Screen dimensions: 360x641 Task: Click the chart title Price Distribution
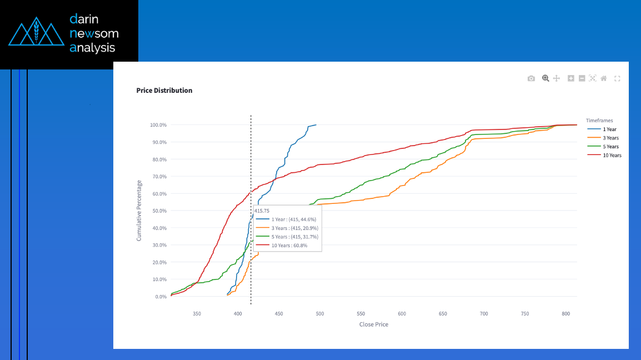164,91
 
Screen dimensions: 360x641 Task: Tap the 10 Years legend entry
612,156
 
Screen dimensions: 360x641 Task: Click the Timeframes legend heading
599,120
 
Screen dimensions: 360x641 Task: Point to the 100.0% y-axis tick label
158,125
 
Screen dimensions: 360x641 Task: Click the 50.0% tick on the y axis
159,211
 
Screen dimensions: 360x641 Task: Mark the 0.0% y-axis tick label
160,297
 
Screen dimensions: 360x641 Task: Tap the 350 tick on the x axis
197,314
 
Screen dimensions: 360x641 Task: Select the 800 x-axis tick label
565,314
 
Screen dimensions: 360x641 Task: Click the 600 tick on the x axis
402,314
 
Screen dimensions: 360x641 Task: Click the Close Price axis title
374,324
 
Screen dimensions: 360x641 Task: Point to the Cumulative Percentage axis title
139,211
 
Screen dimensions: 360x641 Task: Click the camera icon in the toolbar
531,79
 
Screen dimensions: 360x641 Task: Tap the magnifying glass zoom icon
545,79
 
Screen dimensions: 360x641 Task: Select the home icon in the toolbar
604,79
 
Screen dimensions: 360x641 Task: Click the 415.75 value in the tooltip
262,211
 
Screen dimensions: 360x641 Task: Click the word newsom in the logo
94,33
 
